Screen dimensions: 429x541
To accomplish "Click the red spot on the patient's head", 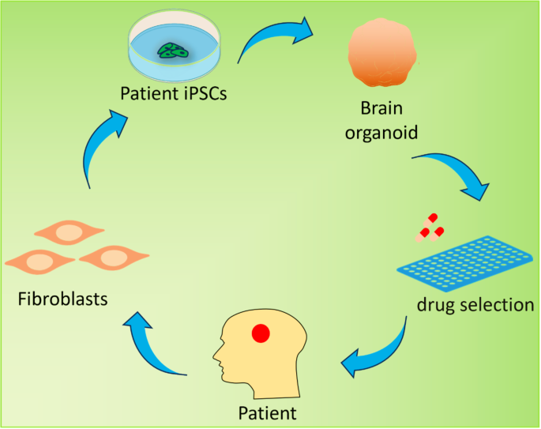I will (260, 333).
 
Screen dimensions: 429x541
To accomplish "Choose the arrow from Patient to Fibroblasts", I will (158, 344).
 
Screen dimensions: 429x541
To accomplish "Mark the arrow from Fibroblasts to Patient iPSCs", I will (103, 146).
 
